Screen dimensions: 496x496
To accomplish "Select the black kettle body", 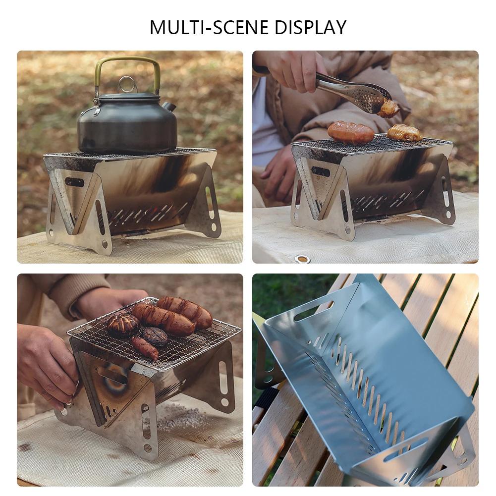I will point(126,126).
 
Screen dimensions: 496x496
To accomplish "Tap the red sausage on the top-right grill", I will point(350,132).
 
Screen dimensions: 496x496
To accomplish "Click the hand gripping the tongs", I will point(292,69).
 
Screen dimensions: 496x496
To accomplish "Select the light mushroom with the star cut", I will point(123,325).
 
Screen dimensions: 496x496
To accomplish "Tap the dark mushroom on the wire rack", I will point(155,336).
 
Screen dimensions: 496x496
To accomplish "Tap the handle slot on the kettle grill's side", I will point(74,182).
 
